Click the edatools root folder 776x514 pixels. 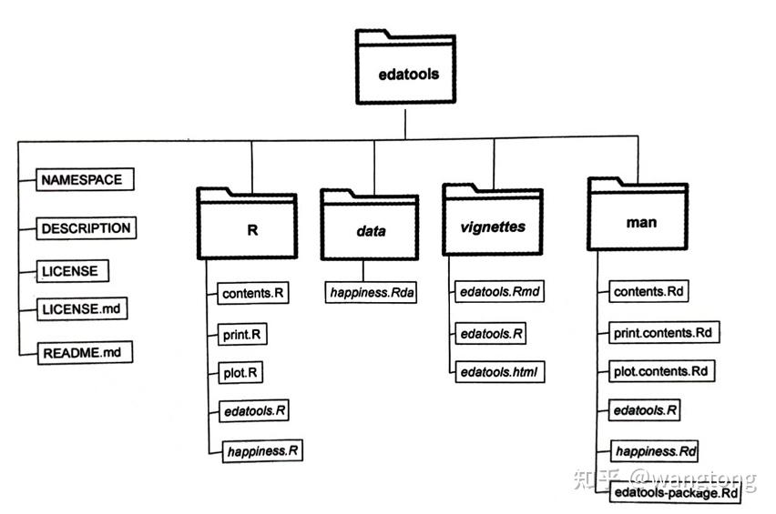tap(408, 74)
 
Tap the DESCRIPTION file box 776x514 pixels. tap(87, 228)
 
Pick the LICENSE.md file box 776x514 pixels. tap(80, 308)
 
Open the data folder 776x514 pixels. tap(369, 230)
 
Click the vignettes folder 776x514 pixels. tap(492, 227)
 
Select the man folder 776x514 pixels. tap(641, 221)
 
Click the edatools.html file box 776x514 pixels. tap(496, 371)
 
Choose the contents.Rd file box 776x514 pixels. tap(648, 292)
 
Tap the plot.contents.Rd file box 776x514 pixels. tap(660, 371)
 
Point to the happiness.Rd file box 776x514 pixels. tap(656, 450)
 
